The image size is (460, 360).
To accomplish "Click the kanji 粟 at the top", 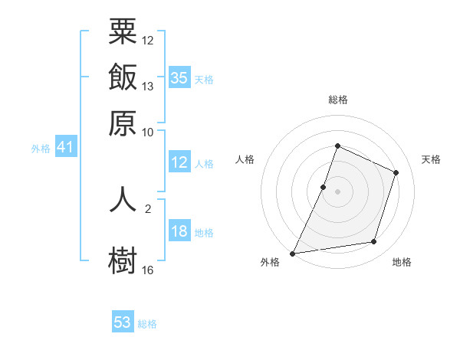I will click(x=123, y=32).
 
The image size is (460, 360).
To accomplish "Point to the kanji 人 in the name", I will click(x=123, y=199).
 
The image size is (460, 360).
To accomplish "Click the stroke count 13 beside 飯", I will click(x=148, y=87).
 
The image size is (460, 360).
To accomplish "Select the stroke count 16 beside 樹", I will click(x=148, y=270).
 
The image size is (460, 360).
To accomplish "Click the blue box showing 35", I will click(x=179, y=77).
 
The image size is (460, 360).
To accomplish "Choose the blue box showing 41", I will click(x=64, y=147).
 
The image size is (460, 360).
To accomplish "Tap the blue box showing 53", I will click(x=123, y=322).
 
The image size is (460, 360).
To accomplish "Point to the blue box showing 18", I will click(x=179, y=231).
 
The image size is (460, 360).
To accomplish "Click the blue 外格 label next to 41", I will click(x=40, y=149).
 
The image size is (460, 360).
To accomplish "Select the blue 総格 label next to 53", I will click(x=147, y=324).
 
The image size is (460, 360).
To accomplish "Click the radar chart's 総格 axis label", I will click(x=337, y=100).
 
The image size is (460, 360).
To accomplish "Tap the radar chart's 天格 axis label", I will click(x=431, y=159).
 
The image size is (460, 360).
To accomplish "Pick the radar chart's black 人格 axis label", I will click(x=245, y=159).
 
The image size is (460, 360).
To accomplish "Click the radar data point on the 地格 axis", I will click(x=374, y=242).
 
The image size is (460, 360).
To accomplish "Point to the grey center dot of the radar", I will click(x=337, y=191).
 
